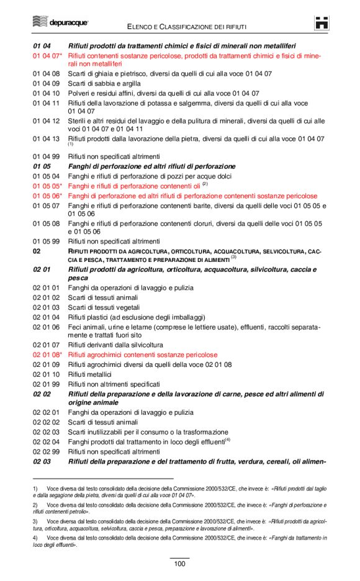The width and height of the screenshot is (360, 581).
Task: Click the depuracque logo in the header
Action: click(x=60, y=23)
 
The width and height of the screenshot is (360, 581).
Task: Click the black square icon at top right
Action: click(x=322, y=23)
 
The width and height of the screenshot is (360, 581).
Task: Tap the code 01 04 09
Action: click(x=46, y=83)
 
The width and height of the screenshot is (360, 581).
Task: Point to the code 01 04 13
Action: click(x=46, y=139)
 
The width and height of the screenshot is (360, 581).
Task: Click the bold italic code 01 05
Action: click(x=42, y=166)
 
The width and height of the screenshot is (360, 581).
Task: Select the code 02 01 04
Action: click(x=46, y=317)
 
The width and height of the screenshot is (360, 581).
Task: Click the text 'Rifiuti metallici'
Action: click(x=90, y=374)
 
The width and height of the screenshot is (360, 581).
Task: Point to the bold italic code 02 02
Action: click(x=42, y=394)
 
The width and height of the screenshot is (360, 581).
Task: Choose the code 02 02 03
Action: click(x=46, y=432)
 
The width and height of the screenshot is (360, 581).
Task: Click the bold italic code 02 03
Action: click(x=42, y=461)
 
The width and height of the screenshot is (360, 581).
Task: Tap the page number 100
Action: click(x=179, y=564)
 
